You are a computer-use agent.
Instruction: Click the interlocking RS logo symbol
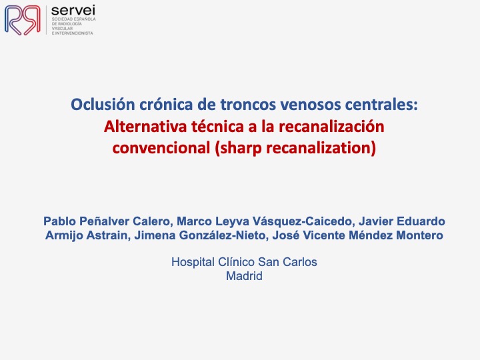(x=23, y=20)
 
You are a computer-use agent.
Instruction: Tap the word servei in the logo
(x=73, y=11)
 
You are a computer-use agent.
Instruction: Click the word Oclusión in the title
(x=103, y=105)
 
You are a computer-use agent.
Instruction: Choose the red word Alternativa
(x=145, y=127)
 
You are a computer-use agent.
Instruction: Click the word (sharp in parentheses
(x=238, y=149)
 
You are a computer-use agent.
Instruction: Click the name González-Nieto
(x=222, y=235)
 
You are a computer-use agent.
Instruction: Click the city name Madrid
(x=244, y=276)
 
